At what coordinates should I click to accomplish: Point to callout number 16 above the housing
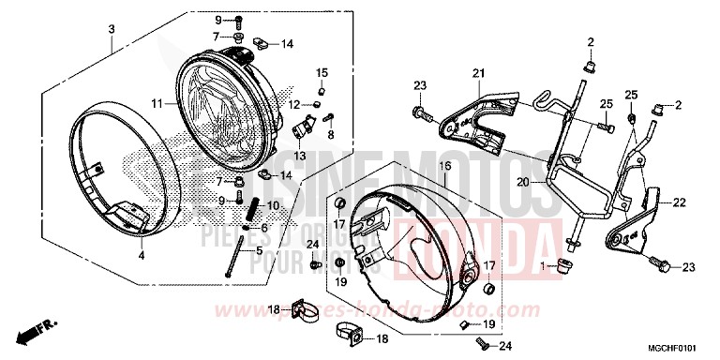tap(445, 165)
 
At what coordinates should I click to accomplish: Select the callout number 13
tap(301, 156)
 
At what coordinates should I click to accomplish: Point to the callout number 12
tap(293, 104)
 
